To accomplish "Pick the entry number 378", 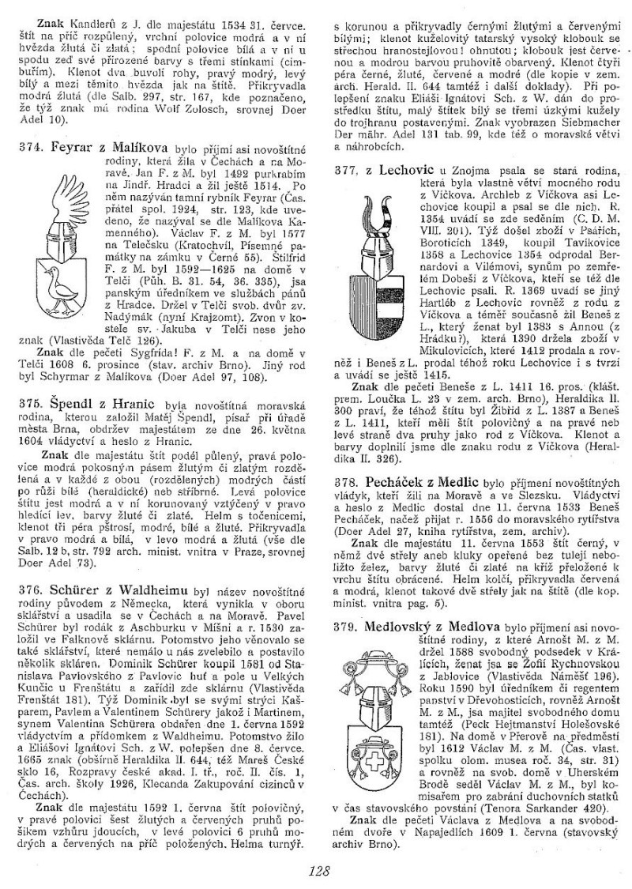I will point(345,480).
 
